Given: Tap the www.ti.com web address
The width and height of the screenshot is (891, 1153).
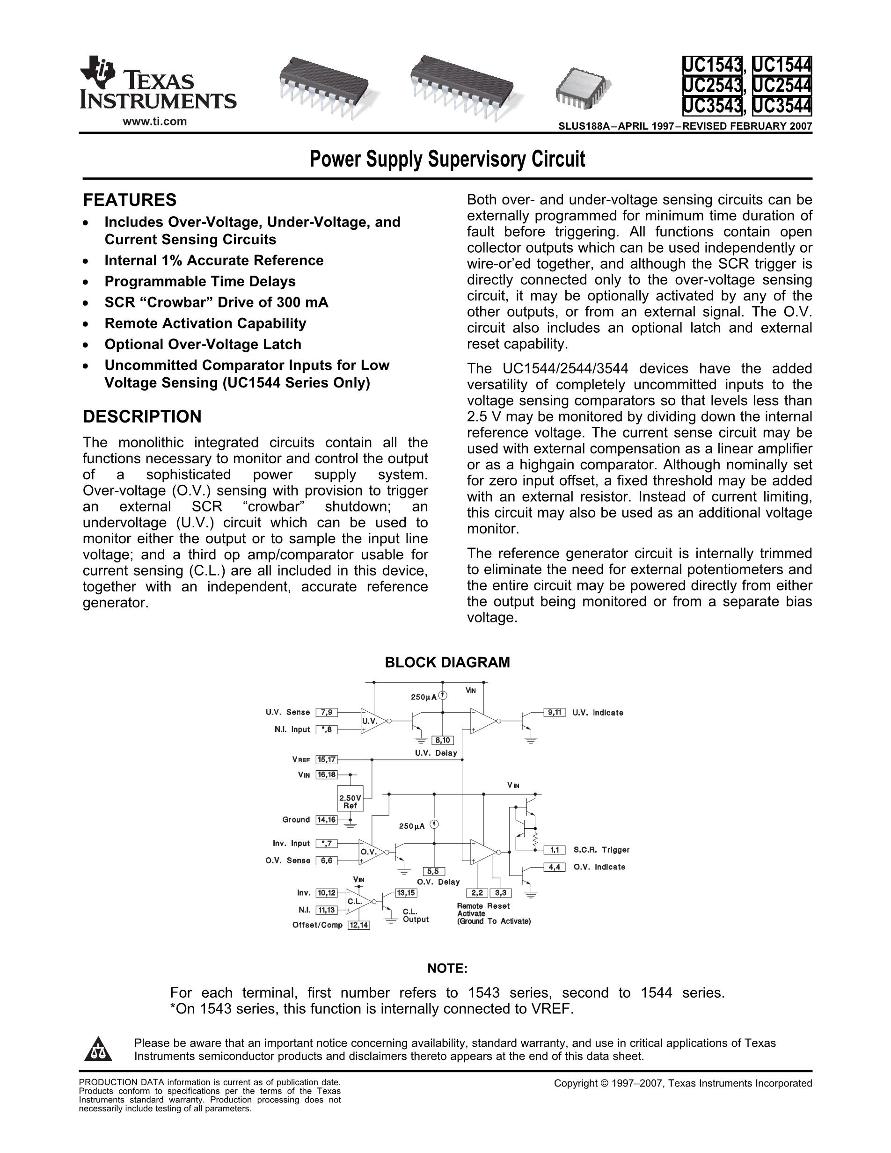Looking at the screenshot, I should tap(154, 121).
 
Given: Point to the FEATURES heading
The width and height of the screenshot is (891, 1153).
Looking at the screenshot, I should tap(130, 200).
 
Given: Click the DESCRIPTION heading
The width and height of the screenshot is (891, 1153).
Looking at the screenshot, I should tap(142, 416).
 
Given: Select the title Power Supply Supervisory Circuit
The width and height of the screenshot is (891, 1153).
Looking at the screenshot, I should tap(447, 159).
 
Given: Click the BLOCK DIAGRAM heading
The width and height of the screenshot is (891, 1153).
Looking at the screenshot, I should tap(447, 663).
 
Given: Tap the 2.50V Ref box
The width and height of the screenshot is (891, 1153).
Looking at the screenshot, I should tap(350, 802).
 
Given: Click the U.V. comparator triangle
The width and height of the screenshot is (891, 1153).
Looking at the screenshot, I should tap(371, 721).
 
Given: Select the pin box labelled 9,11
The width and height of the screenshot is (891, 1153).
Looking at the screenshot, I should tap(554, 712).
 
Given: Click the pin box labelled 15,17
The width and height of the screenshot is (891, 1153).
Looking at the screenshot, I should tap(326, 759).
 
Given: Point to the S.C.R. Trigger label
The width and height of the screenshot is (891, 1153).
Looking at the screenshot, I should tap(601, 850).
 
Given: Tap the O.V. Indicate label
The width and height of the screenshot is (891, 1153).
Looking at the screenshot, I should tap(599, 867).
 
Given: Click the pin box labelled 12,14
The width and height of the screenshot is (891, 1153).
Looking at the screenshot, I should tap(359, 925).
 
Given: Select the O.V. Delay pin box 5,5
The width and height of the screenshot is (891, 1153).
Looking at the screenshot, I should tap(434, 872).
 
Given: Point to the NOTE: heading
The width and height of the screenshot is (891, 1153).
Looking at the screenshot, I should tap(447, 968).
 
